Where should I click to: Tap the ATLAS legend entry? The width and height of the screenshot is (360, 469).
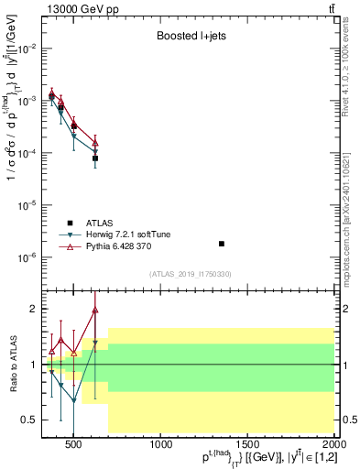pos(101,223)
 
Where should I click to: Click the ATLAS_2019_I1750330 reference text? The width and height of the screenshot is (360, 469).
pos(191,274)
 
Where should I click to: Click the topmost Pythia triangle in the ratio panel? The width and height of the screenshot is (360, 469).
pos(95,310)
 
